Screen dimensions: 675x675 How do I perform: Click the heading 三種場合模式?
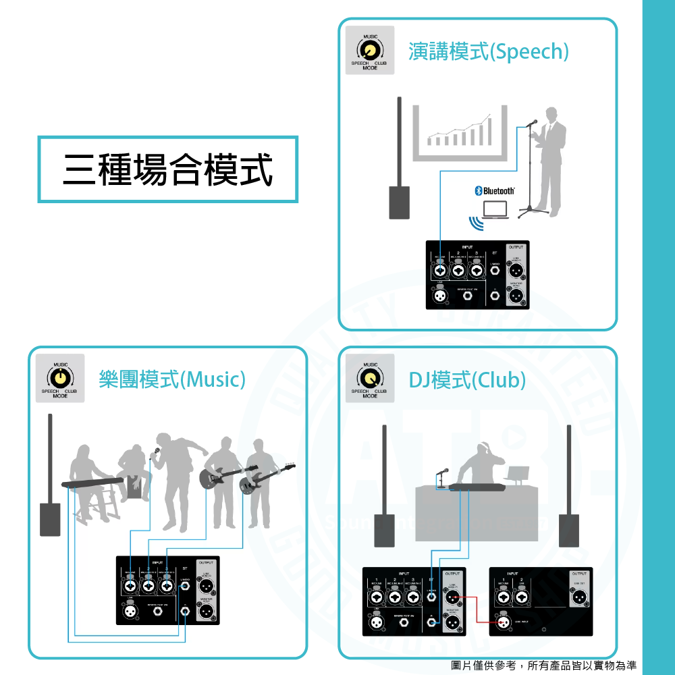(168, 169)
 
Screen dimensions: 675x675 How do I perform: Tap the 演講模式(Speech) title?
(489, 51)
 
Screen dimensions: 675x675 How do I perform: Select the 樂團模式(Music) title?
(171, 379)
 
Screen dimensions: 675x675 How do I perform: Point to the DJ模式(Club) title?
(467, 379)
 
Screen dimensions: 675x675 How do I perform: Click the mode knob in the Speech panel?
(370, 51)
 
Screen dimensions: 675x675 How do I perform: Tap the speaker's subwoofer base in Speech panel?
(399, 202)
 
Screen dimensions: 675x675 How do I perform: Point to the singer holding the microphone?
(175, 479)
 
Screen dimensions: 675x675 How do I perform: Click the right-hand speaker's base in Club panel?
(568, 529)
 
